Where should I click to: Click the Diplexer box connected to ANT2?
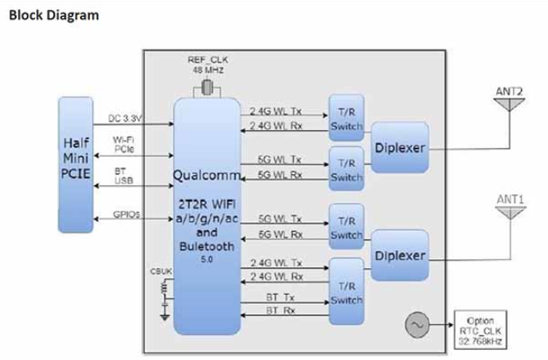(400, 147)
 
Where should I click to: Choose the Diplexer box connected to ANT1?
(400, 255)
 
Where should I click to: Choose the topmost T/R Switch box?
(346, 117)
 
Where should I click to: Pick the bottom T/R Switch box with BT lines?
(346, 290)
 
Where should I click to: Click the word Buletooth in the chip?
(207, 247)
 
